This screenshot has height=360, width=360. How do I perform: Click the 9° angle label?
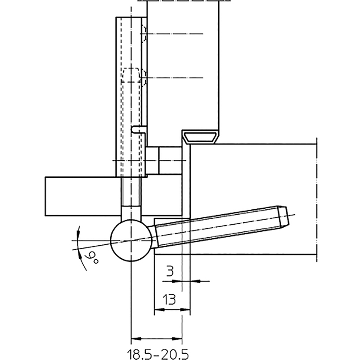coord(92,258)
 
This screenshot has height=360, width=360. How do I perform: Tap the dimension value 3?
coord(170,271)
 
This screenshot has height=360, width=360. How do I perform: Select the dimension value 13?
coord(169,299)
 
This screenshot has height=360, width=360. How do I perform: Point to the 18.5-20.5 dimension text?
coord(158,354)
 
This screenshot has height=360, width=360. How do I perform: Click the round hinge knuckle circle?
coord(131,240)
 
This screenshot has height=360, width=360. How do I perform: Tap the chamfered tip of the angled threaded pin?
coord(283,217)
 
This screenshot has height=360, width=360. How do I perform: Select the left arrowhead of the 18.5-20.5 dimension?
coord(136,339)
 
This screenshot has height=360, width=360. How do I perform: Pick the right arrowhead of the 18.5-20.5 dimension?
coord(177,339)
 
